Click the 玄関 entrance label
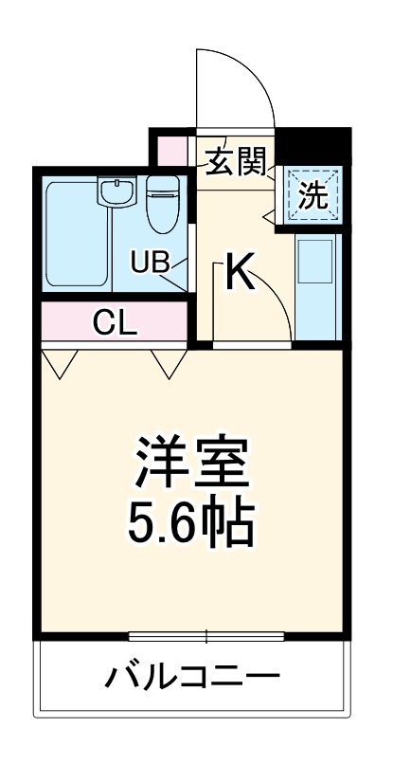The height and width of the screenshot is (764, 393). click(x=235, y=161)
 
